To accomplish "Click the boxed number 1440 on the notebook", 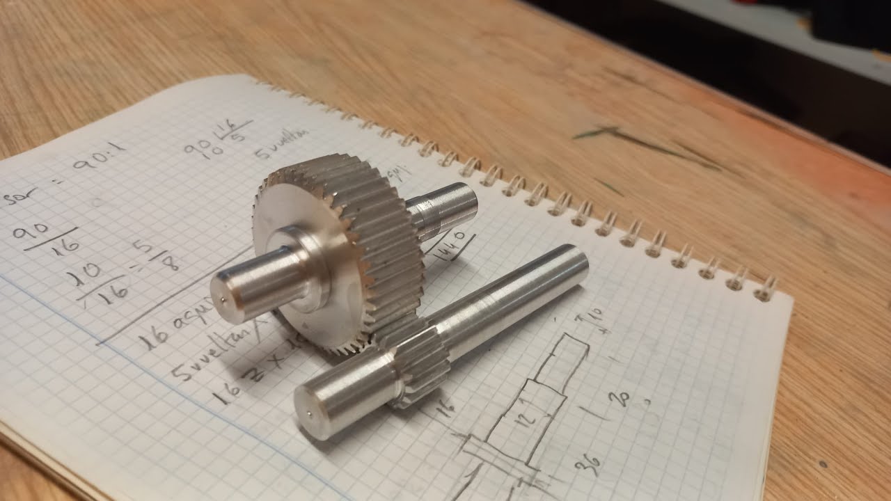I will point(453,244).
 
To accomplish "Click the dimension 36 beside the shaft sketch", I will point(592,461).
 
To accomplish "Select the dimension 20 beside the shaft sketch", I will point(620,401).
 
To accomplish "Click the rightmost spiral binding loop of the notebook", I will point(766,287).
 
